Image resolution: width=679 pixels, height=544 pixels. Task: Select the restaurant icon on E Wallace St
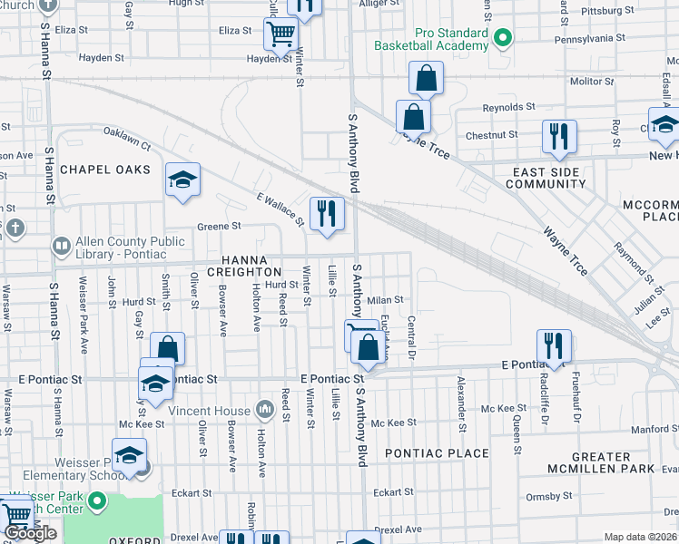click(327, 214)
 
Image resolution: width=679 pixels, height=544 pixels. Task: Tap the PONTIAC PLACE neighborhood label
click(437, 452)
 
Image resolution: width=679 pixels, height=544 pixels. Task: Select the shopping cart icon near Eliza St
click(281, 34)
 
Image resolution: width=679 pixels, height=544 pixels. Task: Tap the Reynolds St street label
click(503, 107)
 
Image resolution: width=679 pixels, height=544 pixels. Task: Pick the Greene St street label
click(218, 226)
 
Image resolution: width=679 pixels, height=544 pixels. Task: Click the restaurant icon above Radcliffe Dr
click(554, 345)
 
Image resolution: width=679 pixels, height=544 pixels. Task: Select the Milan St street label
click(385, 299)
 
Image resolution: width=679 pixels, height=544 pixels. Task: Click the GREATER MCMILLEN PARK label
click(601, 461)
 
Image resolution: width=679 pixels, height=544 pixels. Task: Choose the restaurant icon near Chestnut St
click(559, 136)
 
